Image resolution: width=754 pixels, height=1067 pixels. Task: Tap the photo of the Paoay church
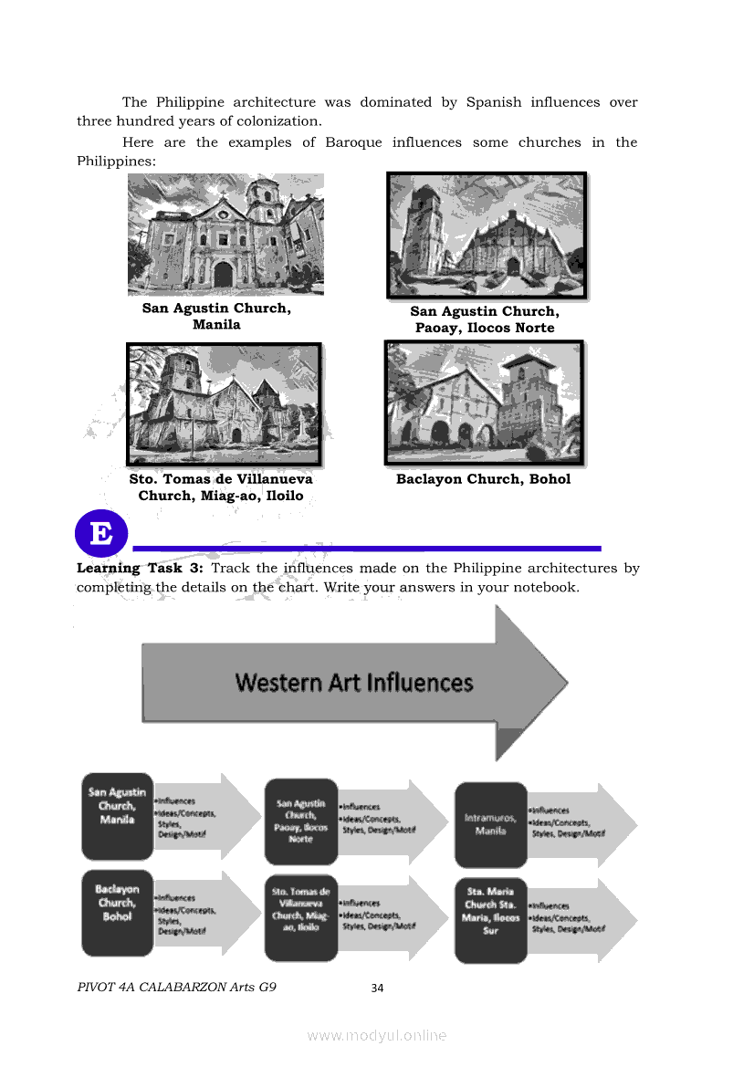487,235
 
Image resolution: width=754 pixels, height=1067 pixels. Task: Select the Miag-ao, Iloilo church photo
225,403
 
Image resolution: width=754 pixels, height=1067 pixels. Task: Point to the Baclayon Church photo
484,402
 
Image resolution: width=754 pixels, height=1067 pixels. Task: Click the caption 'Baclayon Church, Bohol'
483,479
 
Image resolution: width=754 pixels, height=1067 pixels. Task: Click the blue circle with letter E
102,534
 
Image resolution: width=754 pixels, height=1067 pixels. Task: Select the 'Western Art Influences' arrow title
354,683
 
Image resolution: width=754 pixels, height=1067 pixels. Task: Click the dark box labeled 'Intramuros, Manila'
491,824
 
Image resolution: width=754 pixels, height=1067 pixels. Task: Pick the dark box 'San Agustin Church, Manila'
117,816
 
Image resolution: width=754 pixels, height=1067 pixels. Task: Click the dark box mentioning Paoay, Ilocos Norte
300,821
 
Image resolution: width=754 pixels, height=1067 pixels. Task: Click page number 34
377,988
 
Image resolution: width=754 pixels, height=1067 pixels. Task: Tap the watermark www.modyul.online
377,1035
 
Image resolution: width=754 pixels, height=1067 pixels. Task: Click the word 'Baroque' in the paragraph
353,142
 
